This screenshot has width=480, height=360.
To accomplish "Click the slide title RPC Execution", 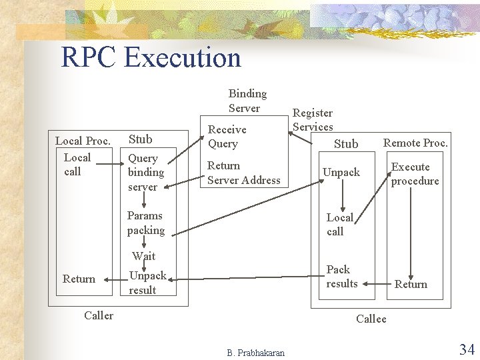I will click(x=151, y=57).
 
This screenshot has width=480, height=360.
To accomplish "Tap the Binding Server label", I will click(x=247, y=101).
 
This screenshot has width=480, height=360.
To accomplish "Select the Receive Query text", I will click(x=227, y=137).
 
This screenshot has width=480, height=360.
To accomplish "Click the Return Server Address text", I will click(x=243, y=173).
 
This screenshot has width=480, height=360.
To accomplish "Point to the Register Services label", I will click(x=313, y=120).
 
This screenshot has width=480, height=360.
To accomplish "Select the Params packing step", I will click(x=145, y=223).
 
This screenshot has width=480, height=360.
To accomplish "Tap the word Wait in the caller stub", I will click(x=144, y=256).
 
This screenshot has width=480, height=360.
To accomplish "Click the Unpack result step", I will click(x=147, y=283).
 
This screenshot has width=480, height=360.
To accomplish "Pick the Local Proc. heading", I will click(x=82, y=141).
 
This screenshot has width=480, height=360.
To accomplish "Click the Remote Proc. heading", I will click(x=415, y=143).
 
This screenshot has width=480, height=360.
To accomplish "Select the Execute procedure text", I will click(x=415, y=174).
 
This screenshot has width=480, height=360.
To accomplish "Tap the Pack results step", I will click(x=341, y=277).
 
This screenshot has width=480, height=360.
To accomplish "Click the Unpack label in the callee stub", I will click(x=341, y=172).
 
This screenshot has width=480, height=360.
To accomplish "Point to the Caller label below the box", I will click(x=99, y=315).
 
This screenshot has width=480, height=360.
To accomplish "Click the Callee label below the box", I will click(x=371, y=319).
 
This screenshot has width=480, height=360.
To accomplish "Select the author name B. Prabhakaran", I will click(x=255, y=353).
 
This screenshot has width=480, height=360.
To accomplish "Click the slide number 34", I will click(x=466, y=349).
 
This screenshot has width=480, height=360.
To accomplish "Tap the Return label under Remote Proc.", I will click(x=411, y=284).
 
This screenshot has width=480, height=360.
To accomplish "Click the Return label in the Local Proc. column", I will click(x=79, y=279).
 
